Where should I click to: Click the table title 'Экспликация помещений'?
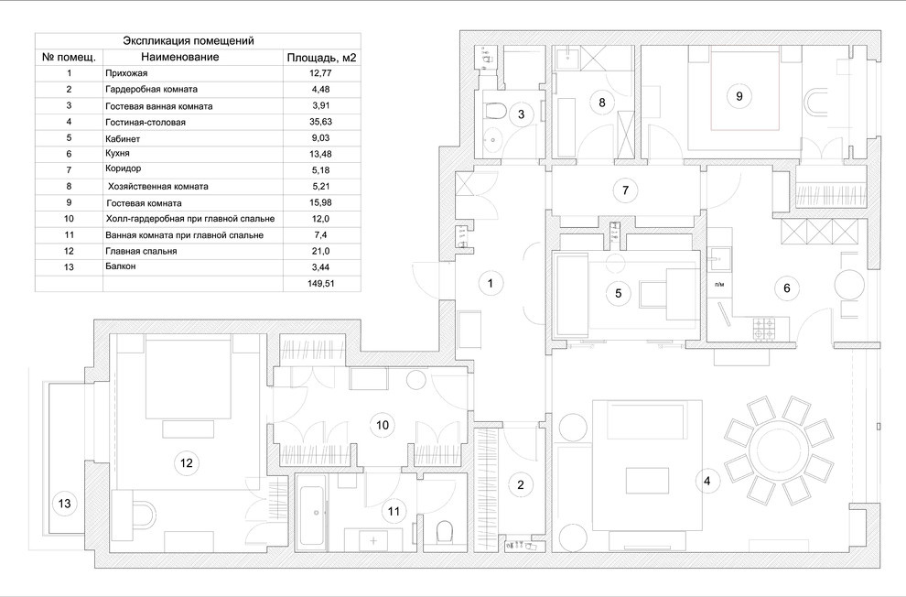[188, 41]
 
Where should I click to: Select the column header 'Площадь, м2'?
[320, 57]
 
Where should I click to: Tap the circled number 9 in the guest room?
[739, 94]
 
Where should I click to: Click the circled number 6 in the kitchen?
[785, 287]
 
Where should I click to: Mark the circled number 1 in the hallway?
[491, 284]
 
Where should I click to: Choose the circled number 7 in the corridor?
[625, 190]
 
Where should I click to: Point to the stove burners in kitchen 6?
[763, 324]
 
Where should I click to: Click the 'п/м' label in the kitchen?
[718, 285]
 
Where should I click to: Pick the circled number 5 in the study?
[618, 293]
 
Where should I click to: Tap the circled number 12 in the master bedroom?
[186, 463]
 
